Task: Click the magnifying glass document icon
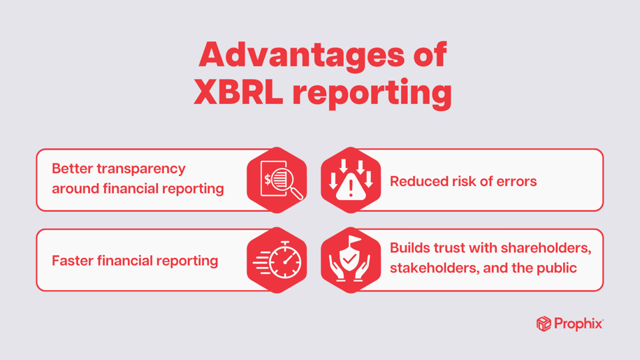pyautogui.click(x=277, y=180)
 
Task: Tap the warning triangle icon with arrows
pyautogui.click(x=351, y=180)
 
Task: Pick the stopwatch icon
pyautogui.click(x=277, y=260)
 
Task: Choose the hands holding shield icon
pyautogui.click(x=351, y=260)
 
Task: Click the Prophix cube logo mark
pyautogui.click(x=544, y=324)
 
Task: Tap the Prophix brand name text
pyautogui.click(x=578, y=324)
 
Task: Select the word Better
pyautogui.click(x=73, y=168)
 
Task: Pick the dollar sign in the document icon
pyautogui.click(x=268, y=180)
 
